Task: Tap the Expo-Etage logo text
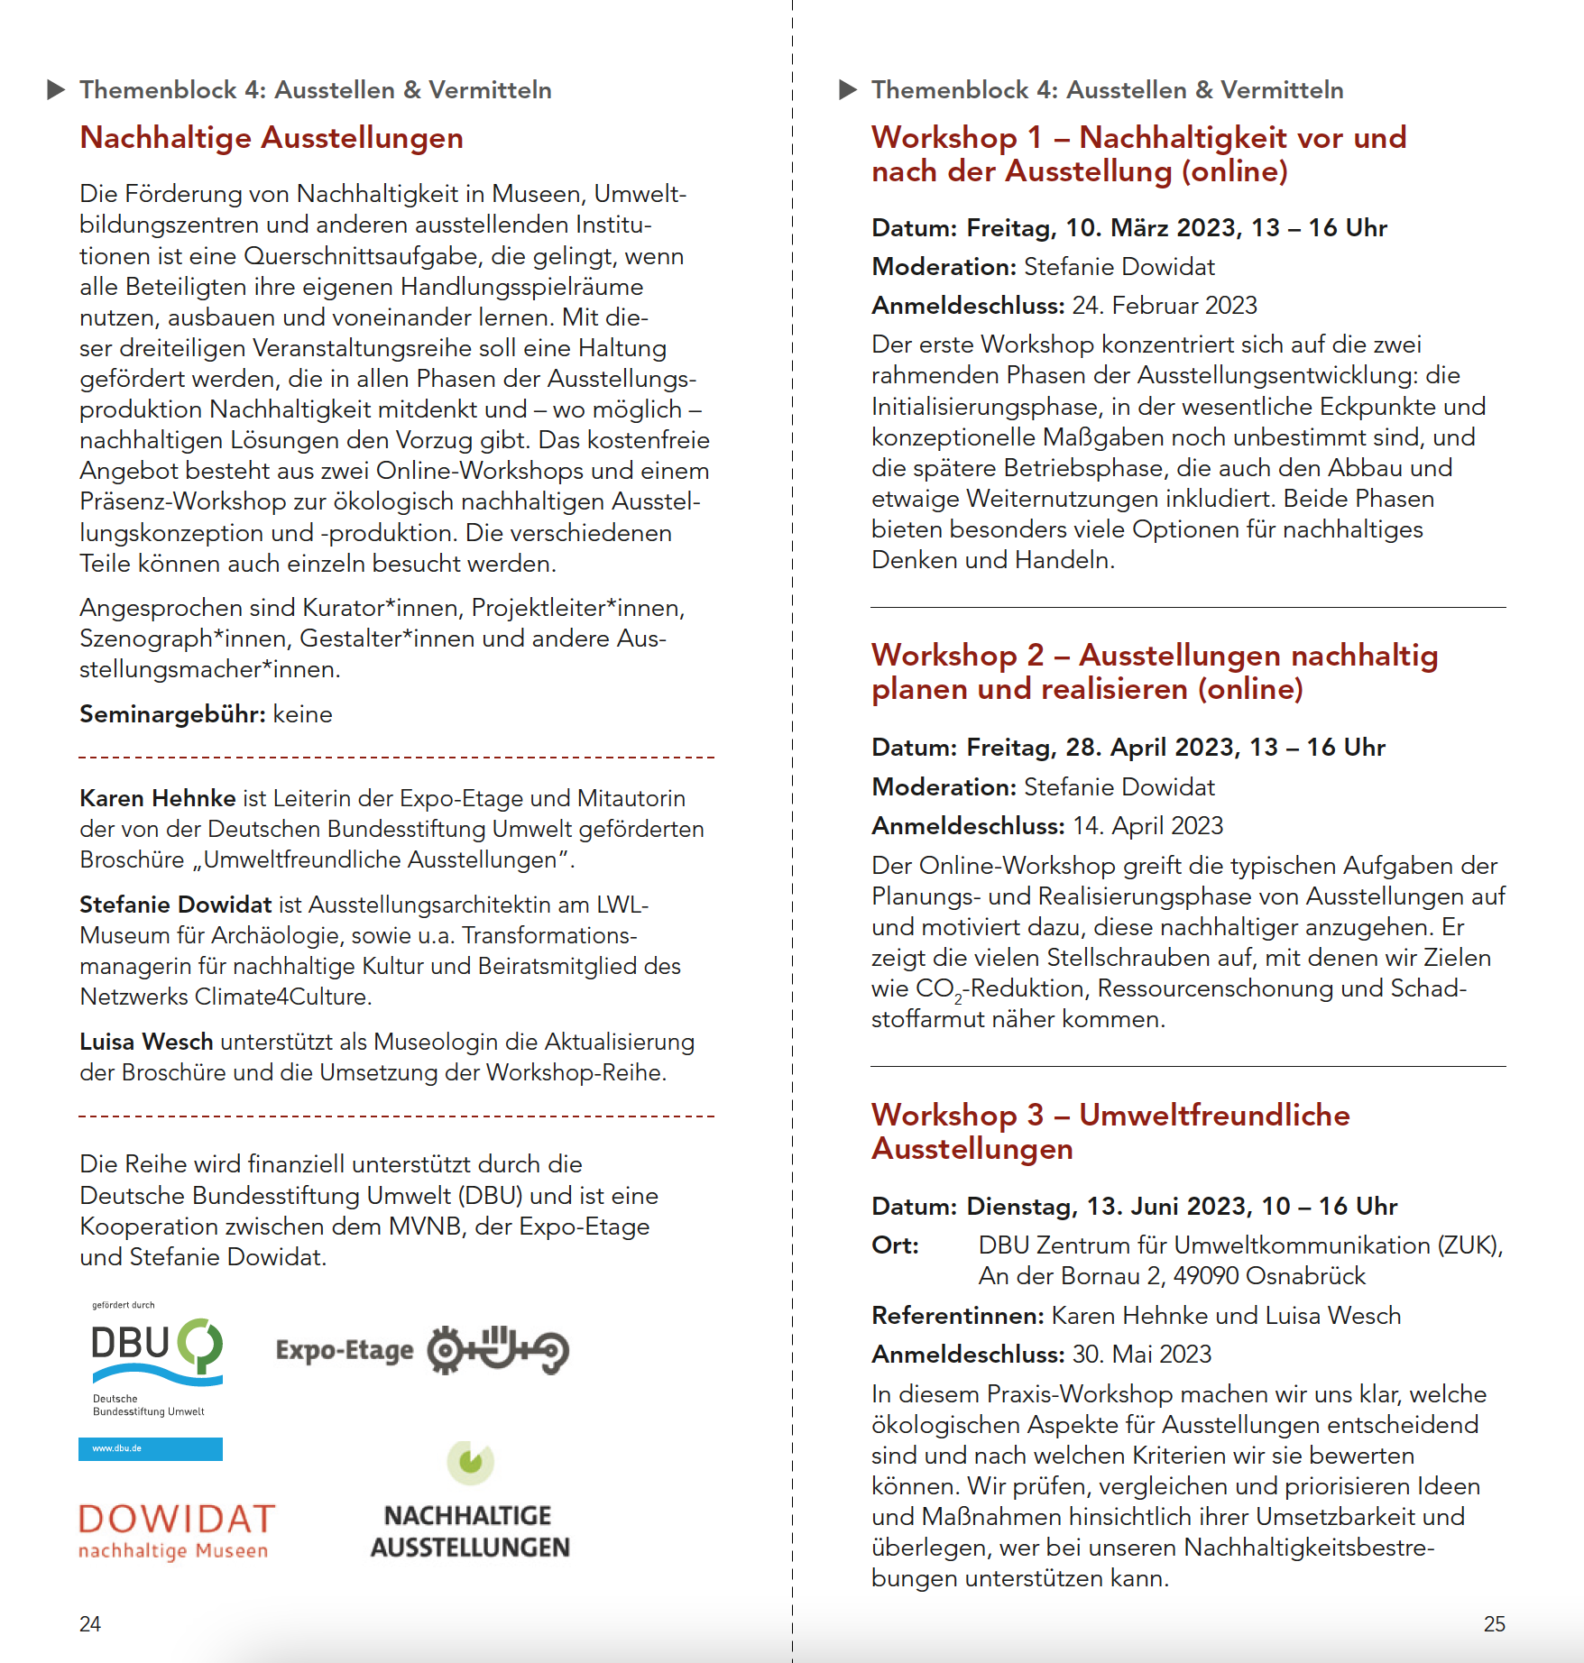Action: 344,1350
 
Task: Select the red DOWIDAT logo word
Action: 177,1520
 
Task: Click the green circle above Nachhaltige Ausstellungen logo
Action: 471,1461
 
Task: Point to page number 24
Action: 90,1624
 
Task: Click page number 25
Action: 1494,1624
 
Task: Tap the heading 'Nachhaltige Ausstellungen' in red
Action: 272,138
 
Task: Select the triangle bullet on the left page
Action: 56,90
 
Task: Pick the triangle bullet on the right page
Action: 848,90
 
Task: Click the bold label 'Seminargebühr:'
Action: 172,714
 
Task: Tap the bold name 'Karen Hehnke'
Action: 158,798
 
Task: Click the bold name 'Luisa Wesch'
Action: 146,1042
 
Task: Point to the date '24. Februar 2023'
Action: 1165,306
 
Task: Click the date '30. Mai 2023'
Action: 1141,1355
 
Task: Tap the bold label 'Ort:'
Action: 895,1245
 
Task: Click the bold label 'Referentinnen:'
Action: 958,1316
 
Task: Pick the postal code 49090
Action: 1206,1276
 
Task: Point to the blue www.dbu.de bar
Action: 151,1448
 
